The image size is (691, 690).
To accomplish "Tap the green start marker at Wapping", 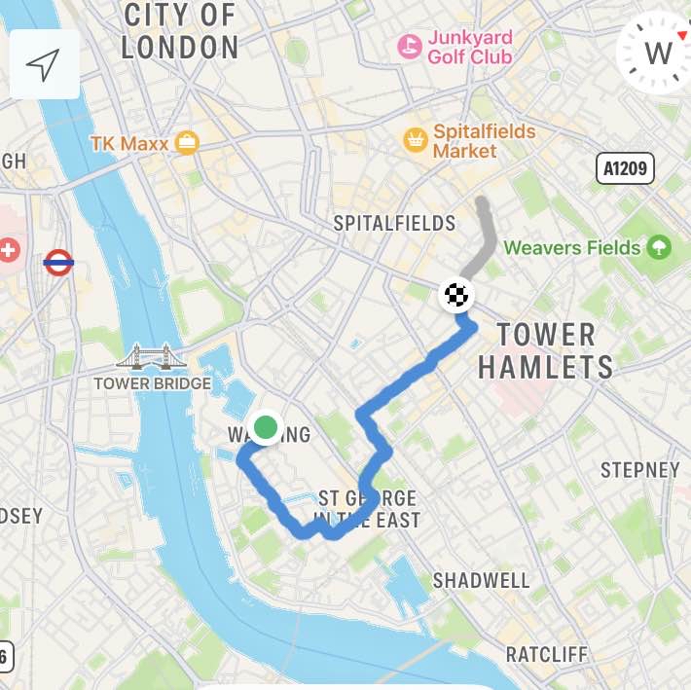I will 265,427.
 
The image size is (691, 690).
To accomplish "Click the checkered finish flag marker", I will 455,293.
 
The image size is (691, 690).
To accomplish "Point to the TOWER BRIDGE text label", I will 152,383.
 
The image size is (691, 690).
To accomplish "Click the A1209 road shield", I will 624,169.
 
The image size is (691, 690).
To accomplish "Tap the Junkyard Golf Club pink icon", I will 410,46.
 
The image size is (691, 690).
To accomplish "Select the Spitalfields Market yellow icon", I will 416,140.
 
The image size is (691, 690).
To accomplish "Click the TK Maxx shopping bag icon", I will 188,144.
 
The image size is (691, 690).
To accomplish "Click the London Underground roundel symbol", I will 58,262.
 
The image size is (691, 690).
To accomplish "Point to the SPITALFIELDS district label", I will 394,223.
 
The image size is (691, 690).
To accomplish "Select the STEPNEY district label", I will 639,470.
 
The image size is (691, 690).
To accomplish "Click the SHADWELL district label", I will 481,581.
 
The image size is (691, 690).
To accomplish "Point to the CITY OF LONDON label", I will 180,31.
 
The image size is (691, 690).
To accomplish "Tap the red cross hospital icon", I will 9,251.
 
